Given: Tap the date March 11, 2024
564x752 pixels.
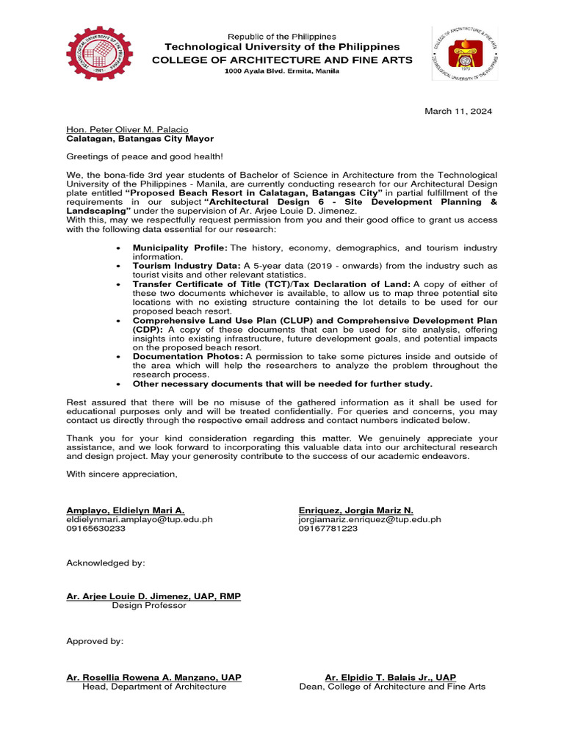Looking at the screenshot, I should pyautogui.click(x=458, y=111).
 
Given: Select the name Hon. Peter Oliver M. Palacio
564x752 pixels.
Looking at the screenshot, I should pyautogui.click(x=127, y=129).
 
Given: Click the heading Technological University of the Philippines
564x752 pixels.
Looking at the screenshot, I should pyautogui.click(x=282, y=47).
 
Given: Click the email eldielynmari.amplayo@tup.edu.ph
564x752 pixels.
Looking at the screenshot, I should pyautogui.click(x=140, y=518).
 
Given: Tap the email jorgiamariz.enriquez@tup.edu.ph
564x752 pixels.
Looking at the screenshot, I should pyautogui.click(x=369, y=518).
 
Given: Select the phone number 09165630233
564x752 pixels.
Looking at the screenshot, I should pyautogui.click(x=96, y=528).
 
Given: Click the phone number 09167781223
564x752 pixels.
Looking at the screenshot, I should pyautogui.click(x=328, y=528).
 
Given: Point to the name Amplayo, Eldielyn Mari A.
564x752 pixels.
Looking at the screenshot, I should pyautogui.click(x=126, y=510).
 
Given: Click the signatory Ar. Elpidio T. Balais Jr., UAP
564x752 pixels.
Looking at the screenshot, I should pyautogui.click(x=390, y=677).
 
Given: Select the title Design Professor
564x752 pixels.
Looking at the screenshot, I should pyautogui.click(x=149, y=605).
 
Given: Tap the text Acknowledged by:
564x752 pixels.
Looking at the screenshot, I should pyautogui.click(x=106, y=563).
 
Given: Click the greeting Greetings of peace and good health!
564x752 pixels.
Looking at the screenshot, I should pyautogui.click(x=145, y=156).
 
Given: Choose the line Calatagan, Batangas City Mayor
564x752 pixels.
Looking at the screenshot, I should pyautogui.click(x=140, y=138).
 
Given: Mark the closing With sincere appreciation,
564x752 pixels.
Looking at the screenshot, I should pyautogui.click(x=122, y=474).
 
